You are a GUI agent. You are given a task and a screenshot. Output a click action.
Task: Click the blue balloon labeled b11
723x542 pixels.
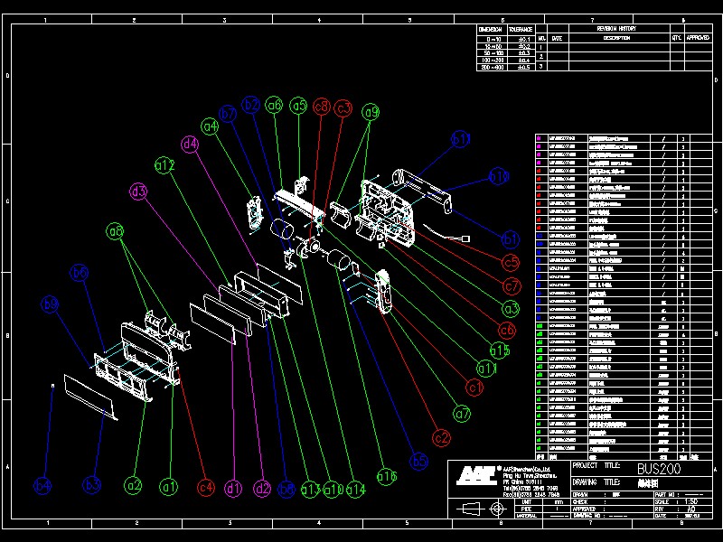point(462,139)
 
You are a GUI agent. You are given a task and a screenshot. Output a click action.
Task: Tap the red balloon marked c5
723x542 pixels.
point(512,263)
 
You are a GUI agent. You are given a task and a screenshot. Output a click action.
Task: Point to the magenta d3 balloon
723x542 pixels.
point(138,192)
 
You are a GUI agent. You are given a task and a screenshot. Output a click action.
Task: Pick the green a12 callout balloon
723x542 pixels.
point(164,165)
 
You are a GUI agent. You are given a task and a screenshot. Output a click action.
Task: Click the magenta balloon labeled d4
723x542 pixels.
point(190,144)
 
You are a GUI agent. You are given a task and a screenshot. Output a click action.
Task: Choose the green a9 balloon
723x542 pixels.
point(371,112)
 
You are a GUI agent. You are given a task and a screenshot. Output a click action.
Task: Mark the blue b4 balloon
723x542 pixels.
point(43,486)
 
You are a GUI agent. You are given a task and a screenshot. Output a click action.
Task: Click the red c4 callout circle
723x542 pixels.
point(207,488)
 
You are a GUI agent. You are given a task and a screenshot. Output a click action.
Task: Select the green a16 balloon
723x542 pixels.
point(387,476)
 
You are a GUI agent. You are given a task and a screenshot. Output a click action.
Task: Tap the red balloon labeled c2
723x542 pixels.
point(441,437)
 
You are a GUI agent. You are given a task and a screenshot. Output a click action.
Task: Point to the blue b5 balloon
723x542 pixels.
point(419,461)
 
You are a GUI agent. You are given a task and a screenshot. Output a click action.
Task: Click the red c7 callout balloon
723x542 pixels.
point(512,286)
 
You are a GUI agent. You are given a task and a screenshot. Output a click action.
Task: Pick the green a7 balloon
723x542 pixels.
point(463,414)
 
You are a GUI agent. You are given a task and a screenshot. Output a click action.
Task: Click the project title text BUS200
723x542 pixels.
point(659,469)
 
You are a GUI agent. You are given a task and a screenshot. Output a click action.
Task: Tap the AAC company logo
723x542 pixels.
point(474,475)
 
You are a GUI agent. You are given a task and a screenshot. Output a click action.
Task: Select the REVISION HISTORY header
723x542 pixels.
point(616,29)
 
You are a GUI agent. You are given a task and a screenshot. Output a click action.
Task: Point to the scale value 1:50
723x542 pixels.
point(691,501)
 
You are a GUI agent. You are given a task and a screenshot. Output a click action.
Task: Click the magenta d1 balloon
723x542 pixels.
point(233,488)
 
